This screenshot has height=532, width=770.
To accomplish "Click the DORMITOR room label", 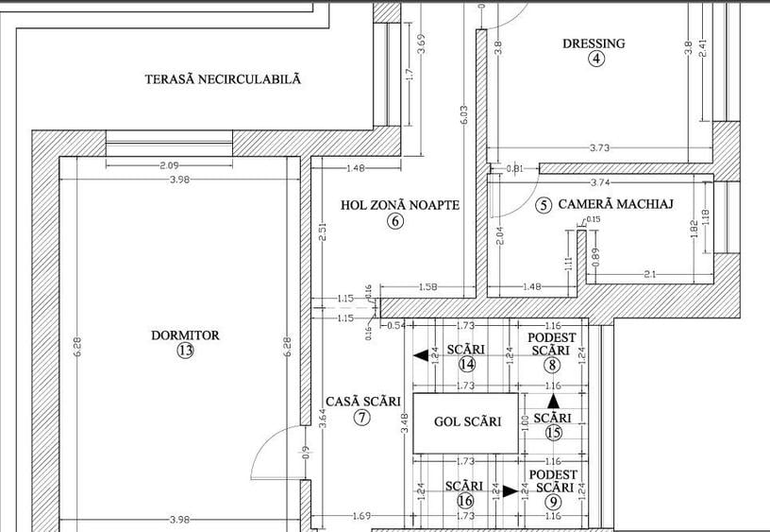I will [x=185, y=335].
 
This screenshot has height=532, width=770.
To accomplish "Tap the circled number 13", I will [x=185, y=351].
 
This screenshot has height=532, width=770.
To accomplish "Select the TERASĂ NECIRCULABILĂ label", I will [x=223, y=80].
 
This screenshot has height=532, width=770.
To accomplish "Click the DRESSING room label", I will [x=594, y=43].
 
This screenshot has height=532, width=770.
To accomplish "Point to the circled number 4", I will [x=595, y=59].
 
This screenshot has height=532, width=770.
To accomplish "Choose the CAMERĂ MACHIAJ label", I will [x=614, y=204].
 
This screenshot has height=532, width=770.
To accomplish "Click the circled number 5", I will [x=543, y=205].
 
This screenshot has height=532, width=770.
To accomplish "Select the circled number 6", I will [x=395, y=221].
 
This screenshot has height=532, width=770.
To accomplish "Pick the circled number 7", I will [x=362, y=417].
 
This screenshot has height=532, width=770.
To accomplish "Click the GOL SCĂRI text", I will [x=467, y=422].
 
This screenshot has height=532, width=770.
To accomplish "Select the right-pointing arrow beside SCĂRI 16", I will [x=510, y=490].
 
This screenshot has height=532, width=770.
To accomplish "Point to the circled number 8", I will [x=552, y=365].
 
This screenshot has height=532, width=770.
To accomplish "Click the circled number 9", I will [x=552, y=502].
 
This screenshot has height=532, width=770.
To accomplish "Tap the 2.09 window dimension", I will [x=170, y=165].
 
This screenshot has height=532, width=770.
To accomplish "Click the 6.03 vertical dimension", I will [x=463, y=114].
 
